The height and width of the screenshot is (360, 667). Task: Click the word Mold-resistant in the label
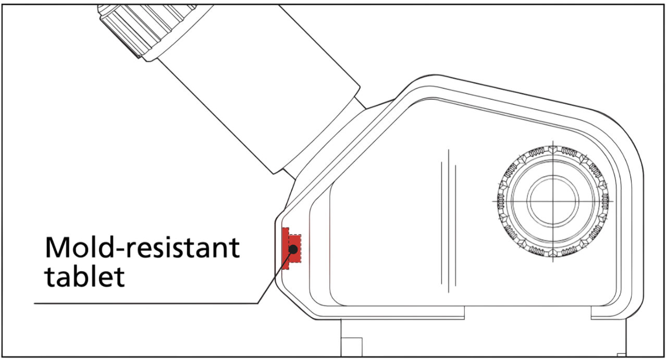[142, 248]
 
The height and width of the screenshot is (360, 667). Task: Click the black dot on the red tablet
[293, 249]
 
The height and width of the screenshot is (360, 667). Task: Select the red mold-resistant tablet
[291, 249]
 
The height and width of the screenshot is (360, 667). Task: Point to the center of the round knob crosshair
[553, 201]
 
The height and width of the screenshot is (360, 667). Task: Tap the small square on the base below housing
[352, 347]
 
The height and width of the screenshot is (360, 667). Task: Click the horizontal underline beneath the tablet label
[146, 303]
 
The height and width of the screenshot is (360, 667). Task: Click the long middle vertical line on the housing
[449, 221]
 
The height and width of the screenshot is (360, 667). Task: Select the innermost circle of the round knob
[553, 201]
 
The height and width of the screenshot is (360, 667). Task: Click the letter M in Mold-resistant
[57, 248]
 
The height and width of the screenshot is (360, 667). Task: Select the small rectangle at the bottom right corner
[622, 355]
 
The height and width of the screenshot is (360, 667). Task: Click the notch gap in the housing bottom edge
[528, 313]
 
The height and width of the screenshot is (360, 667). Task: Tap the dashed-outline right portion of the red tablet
[295, 249]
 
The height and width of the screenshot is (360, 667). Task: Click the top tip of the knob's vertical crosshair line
[553, 141]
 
